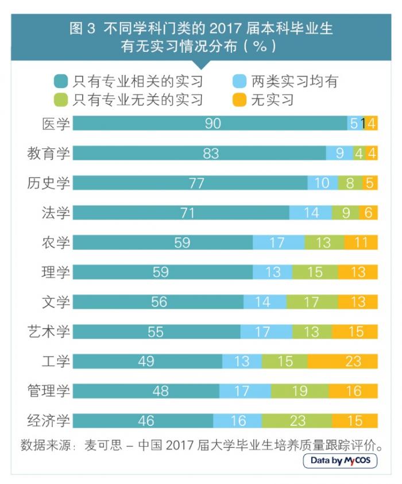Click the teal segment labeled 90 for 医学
pyautogui.click(x=210, y=123)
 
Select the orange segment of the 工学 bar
pyautogui.click(x=342, y=361)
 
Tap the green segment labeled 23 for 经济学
pyautogui.click(x=297, y=420)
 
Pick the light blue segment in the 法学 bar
pyautogui.click(x=311, y=213)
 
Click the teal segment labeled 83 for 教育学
pyautogui.click(x=199, y=153)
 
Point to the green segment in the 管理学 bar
pyautogui.click(x=299, y=391)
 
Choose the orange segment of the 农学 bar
pyautogui.click(x=361, y=242)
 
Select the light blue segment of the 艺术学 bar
pyautogui.click(x=266, y=331)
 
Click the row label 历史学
pyautogui.click(x=49, y=183)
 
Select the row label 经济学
pyautogui.click(x=49, y=420)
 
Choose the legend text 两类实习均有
pyautogui.click(x=293, y=80)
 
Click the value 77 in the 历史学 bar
pyautogui.click(x=189, y=183)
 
